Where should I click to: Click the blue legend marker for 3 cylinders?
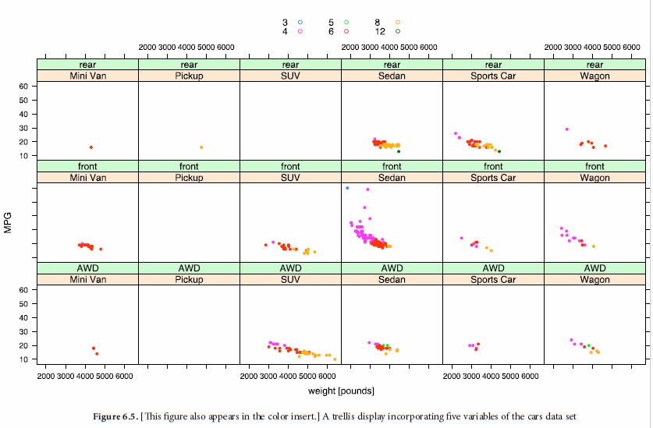[x=300, y=23]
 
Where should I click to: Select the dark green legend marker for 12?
[x=397, y=31]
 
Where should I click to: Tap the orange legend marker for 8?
[x=397, y=23]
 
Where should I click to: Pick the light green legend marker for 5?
[x=346, y=23]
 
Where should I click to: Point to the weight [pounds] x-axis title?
[x=341, y=391]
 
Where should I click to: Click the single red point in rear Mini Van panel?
[x=91, y=147]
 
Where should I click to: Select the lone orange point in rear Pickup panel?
[x=201, y=147]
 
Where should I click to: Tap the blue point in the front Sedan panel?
[x=347, y=188]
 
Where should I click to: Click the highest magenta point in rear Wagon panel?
[x=567, y=129]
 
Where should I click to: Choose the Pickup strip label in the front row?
[x=189, y=178]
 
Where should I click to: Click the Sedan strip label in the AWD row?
[x=392, y=280]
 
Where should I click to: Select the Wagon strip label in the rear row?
[x=594, y=76]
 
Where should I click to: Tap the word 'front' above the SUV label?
[x=290, y=166]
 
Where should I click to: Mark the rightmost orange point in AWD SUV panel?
[x=335, y=359]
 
